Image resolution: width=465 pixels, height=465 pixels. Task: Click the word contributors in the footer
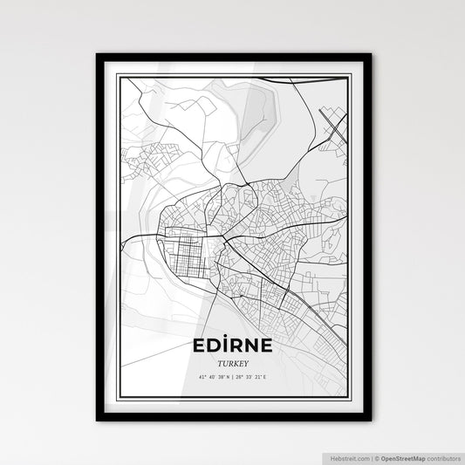(x=442, y=456)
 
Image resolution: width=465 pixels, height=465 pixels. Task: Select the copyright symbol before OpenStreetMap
(x=377, y=456)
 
